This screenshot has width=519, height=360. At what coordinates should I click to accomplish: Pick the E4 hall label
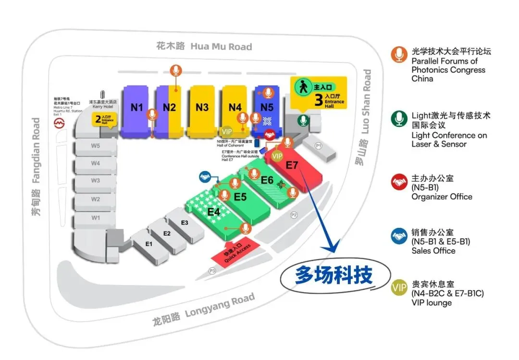coord(214,211)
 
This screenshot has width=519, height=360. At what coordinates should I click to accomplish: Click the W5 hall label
coord(96,146)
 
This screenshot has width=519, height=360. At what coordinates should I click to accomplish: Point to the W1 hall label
coord(96,218)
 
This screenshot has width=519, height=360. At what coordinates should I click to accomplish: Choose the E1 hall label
coord(149,244)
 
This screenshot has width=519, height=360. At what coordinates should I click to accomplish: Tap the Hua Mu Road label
coord(204,47)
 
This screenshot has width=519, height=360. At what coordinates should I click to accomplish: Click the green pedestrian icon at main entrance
coord(303,88)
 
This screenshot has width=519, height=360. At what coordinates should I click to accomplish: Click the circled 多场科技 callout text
coord(327,276)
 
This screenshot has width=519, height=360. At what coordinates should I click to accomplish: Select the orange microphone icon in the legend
coord(399,55)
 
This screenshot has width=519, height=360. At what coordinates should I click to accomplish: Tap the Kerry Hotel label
coord(102,105)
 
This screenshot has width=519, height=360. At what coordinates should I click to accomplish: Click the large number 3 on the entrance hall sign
coord(318,99)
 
